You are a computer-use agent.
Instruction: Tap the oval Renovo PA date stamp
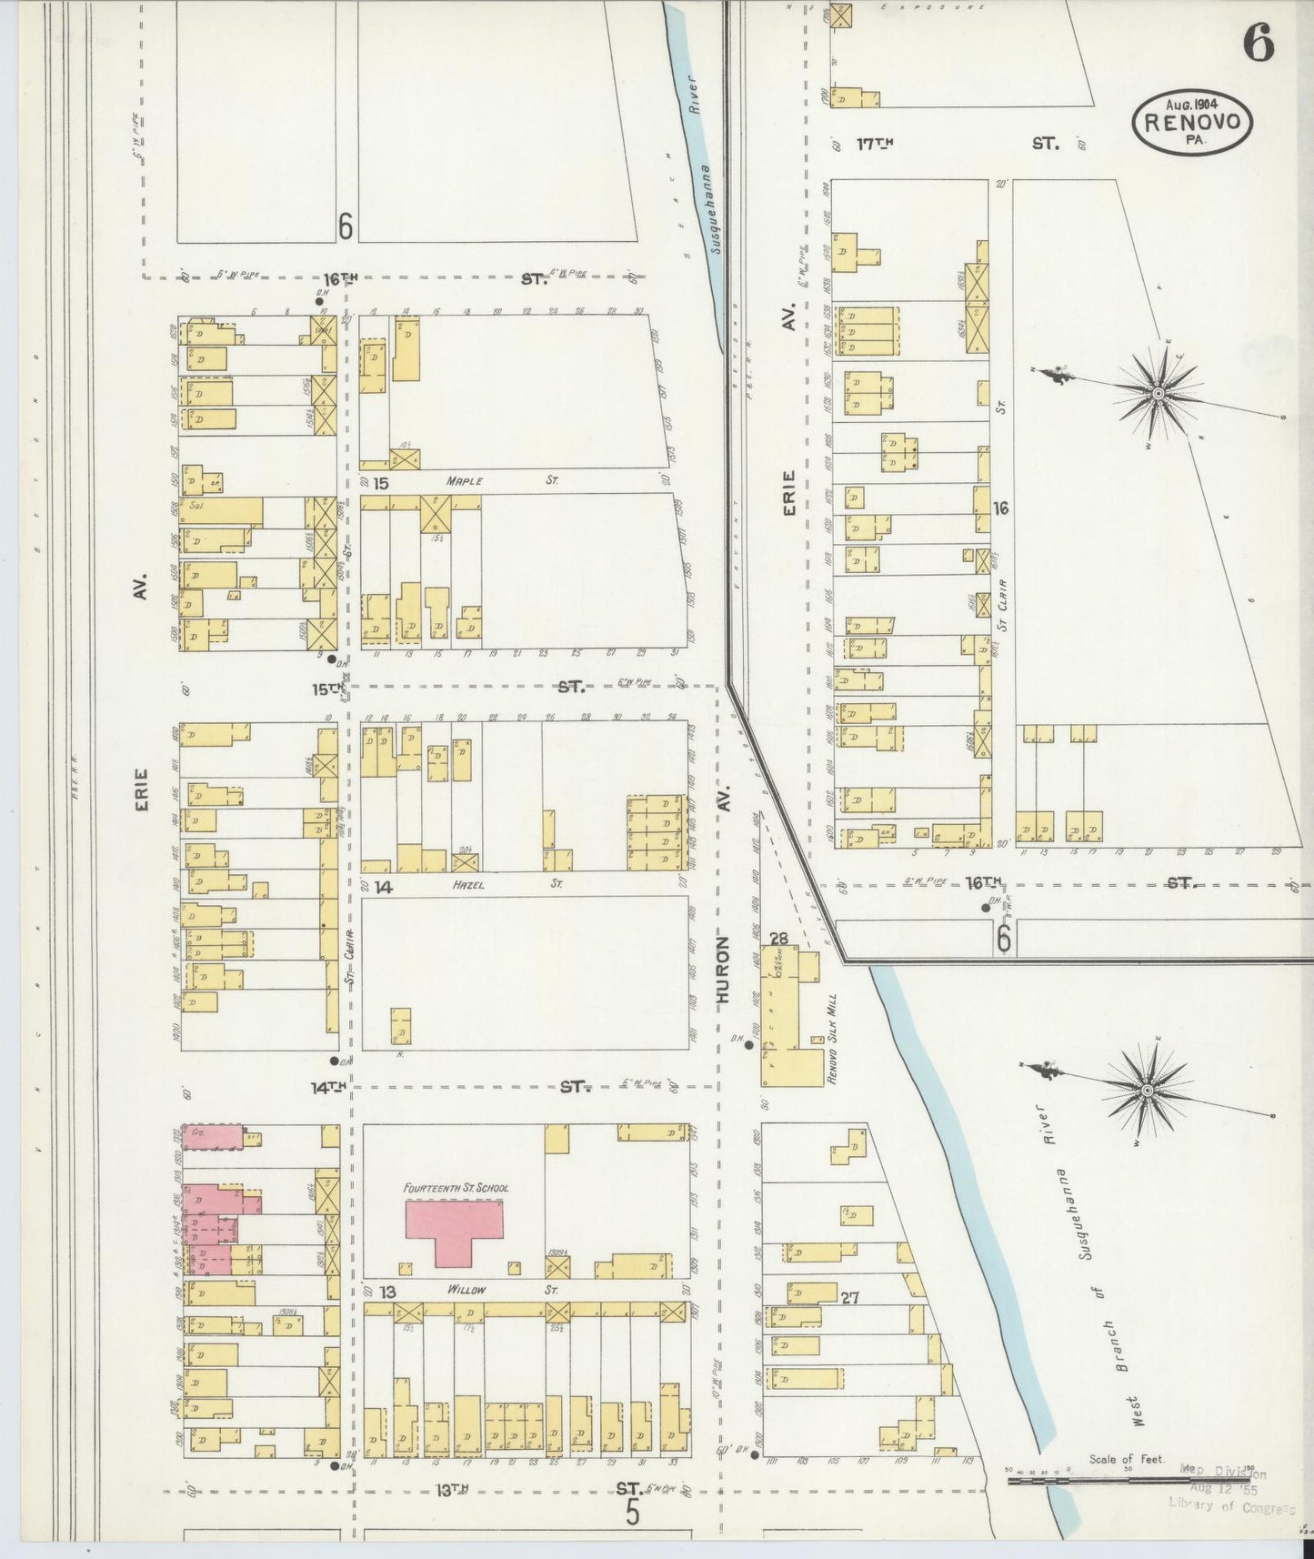[1192, 122]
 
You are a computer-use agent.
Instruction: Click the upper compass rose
[1157, 393]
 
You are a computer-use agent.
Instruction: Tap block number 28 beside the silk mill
[777, 939]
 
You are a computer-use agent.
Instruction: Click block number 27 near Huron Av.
[849, 1298]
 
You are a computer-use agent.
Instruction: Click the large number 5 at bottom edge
[633, 1512]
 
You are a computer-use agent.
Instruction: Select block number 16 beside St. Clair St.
[1000, 509]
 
